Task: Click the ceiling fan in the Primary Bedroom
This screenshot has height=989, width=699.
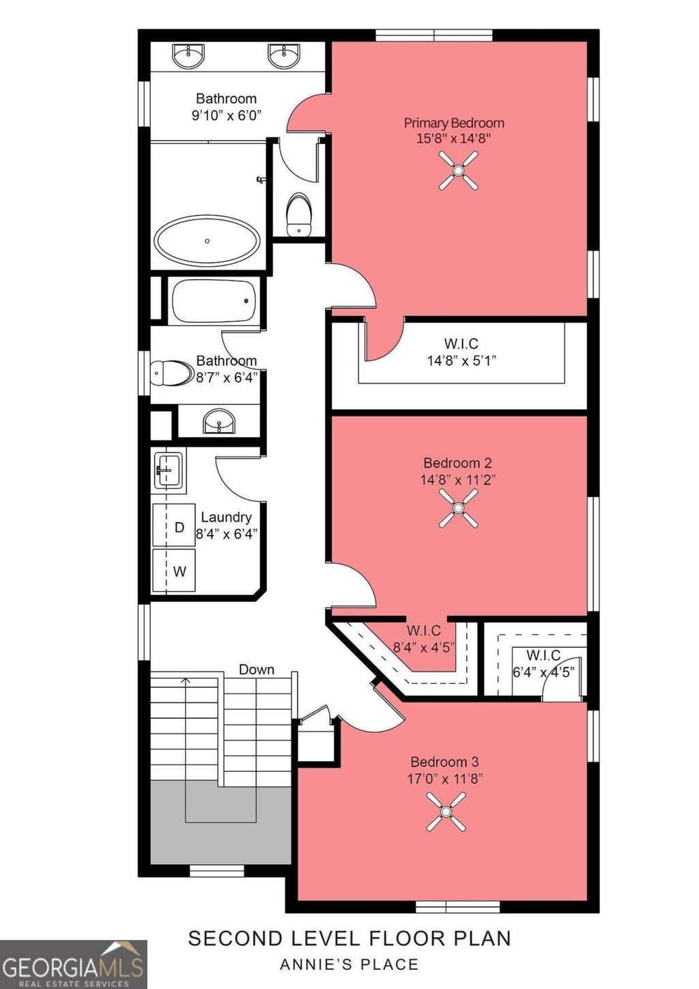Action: (x=458, y=171)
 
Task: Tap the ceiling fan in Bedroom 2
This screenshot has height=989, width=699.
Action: (x=458, y=508)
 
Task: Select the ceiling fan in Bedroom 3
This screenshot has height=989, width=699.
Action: (x=446, y=812)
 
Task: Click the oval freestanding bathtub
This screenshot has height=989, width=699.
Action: (x=207, y=240)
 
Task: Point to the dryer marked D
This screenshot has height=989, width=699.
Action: (x=173, y=525)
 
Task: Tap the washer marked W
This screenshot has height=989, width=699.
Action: (x=173, y=570)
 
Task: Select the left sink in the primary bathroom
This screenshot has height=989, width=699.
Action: (x=188, y=56)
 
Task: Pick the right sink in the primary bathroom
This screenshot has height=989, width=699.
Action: (x=283, y=56)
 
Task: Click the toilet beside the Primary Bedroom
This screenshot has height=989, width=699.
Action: (x=299, y=214)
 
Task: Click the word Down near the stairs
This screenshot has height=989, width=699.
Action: (x=257, y=670)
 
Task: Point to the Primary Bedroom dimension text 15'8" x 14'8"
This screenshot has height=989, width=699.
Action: (x=454, y=139)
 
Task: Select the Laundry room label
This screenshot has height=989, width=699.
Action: (x=227, y=517)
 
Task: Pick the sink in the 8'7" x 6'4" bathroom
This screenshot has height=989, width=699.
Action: (x=220, y=421)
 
